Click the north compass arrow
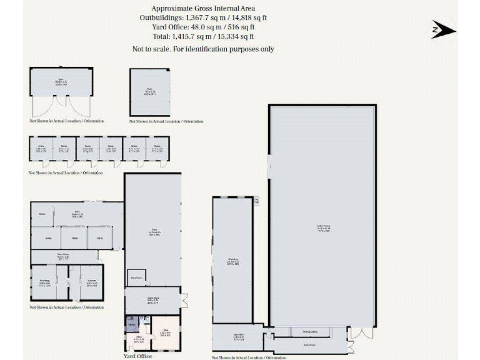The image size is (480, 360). coord(444,29)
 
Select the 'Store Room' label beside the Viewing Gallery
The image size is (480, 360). coord(308,344)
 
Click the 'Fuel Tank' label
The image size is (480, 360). coord(256,201)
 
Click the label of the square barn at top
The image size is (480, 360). coord(149,90)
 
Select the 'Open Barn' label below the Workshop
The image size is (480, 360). coord(238,336)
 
